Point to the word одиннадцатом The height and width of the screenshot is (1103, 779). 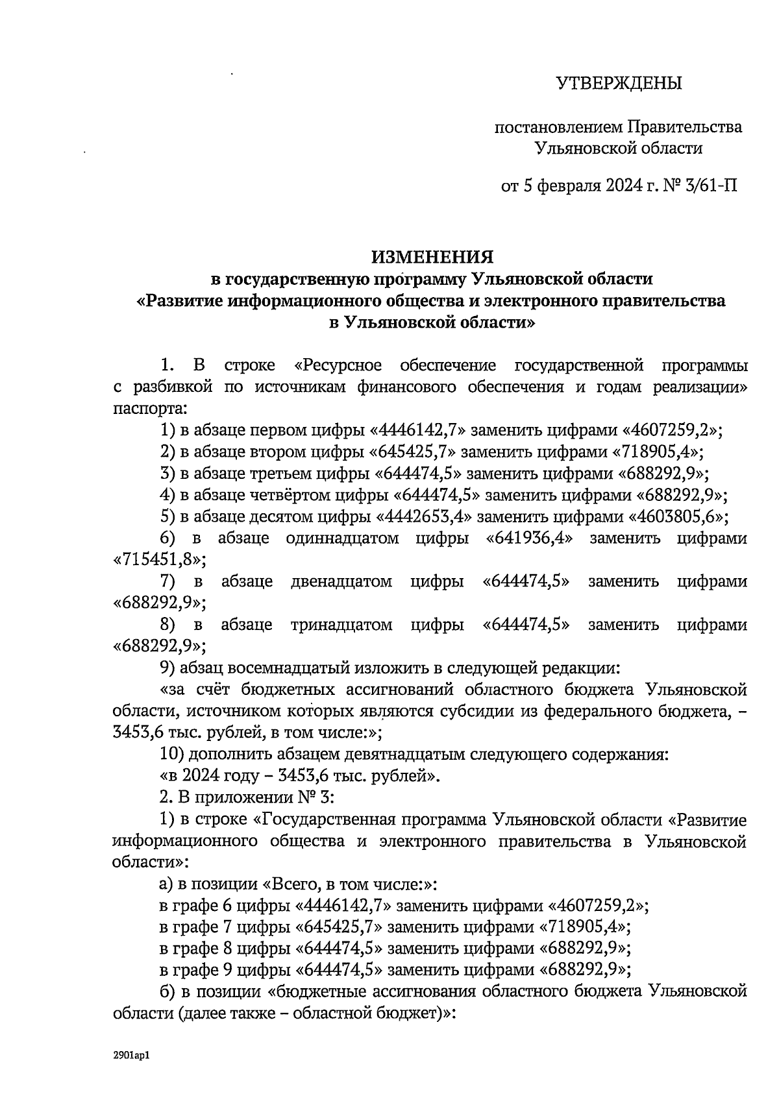[342, 539]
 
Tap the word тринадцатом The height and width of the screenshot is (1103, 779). [341, 625]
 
